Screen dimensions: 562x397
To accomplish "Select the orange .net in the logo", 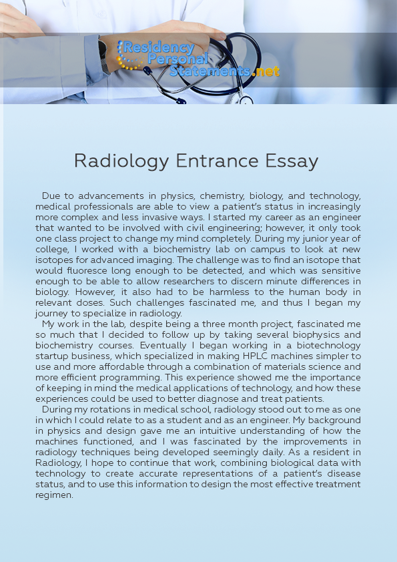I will pos(267,71).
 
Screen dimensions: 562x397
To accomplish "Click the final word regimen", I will pos(54,495).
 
